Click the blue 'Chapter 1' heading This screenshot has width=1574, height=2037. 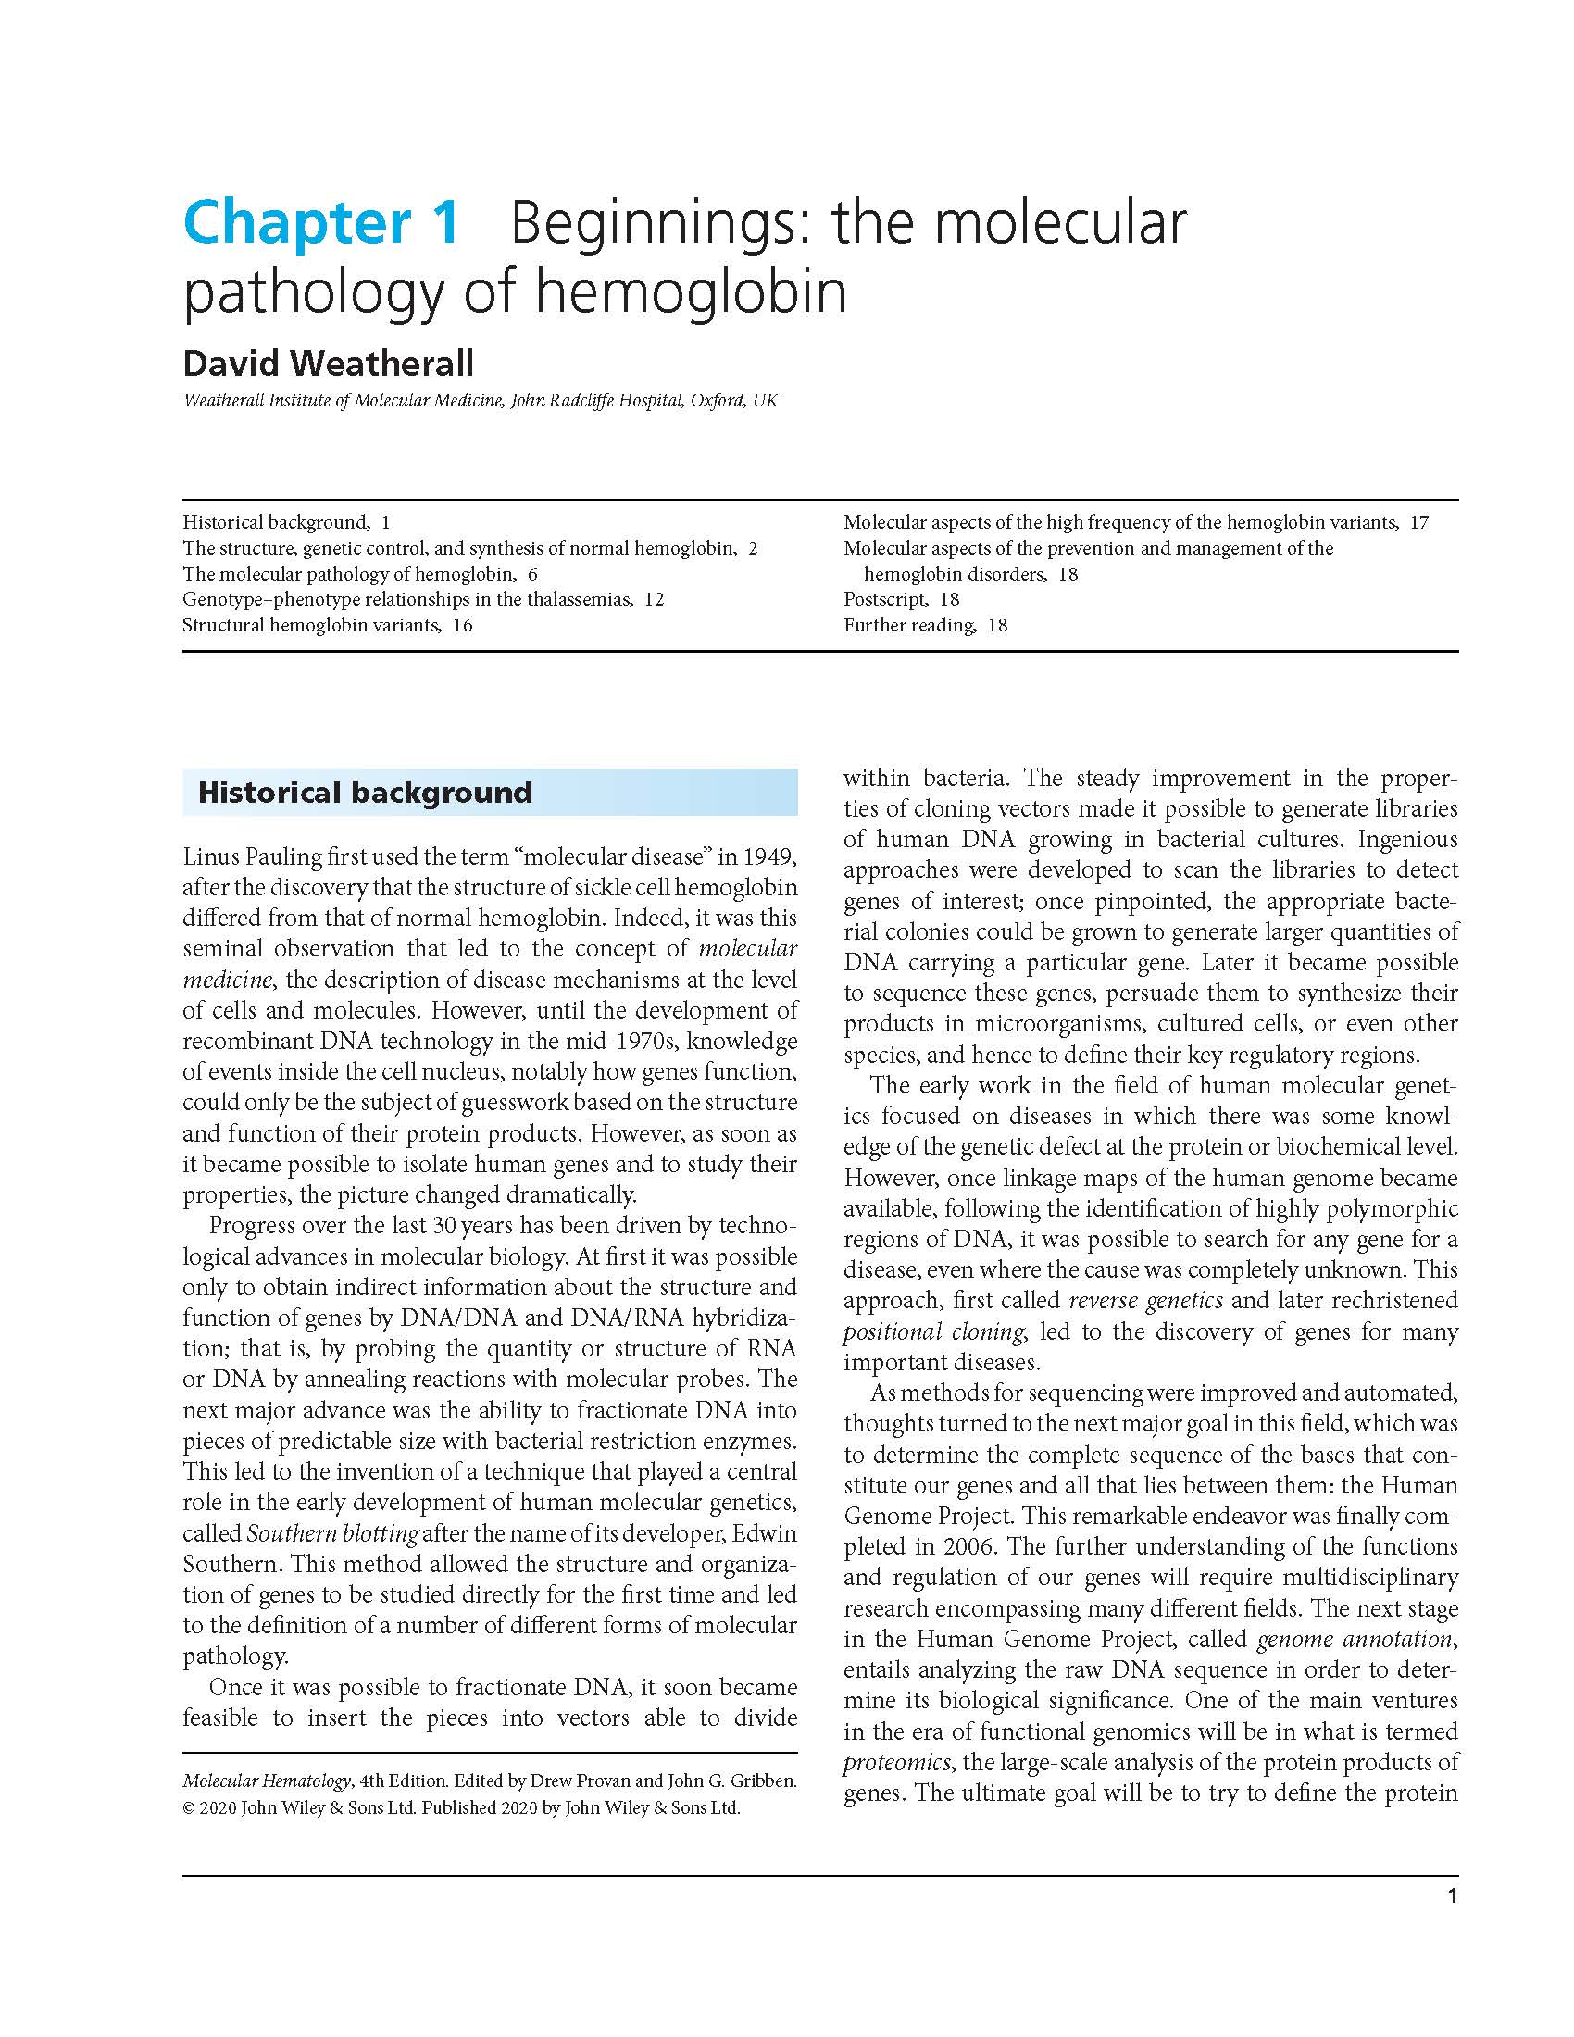tap(320, 224)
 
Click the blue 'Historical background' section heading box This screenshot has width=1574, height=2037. tap(490, 793)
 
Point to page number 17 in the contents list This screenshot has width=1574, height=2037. tap(1419, 522)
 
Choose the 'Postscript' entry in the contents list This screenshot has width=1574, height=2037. tap(885, 599)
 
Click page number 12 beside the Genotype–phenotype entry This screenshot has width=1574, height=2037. tap(654, 599)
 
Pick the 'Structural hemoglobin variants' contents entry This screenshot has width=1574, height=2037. tap(310, 625)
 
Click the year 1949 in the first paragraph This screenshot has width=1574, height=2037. tap(769, 856)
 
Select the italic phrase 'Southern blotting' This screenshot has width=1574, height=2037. tap(332, 1533)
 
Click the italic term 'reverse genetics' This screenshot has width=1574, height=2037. tap(1145, 1300)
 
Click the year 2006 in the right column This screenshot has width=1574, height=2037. tap(967, 1546)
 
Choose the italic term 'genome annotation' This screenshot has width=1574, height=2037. tap(1355, 1639)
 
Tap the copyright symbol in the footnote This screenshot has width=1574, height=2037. tap(189, 1807)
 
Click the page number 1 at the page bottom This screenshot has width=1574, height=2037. tap(1452, 1895)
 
